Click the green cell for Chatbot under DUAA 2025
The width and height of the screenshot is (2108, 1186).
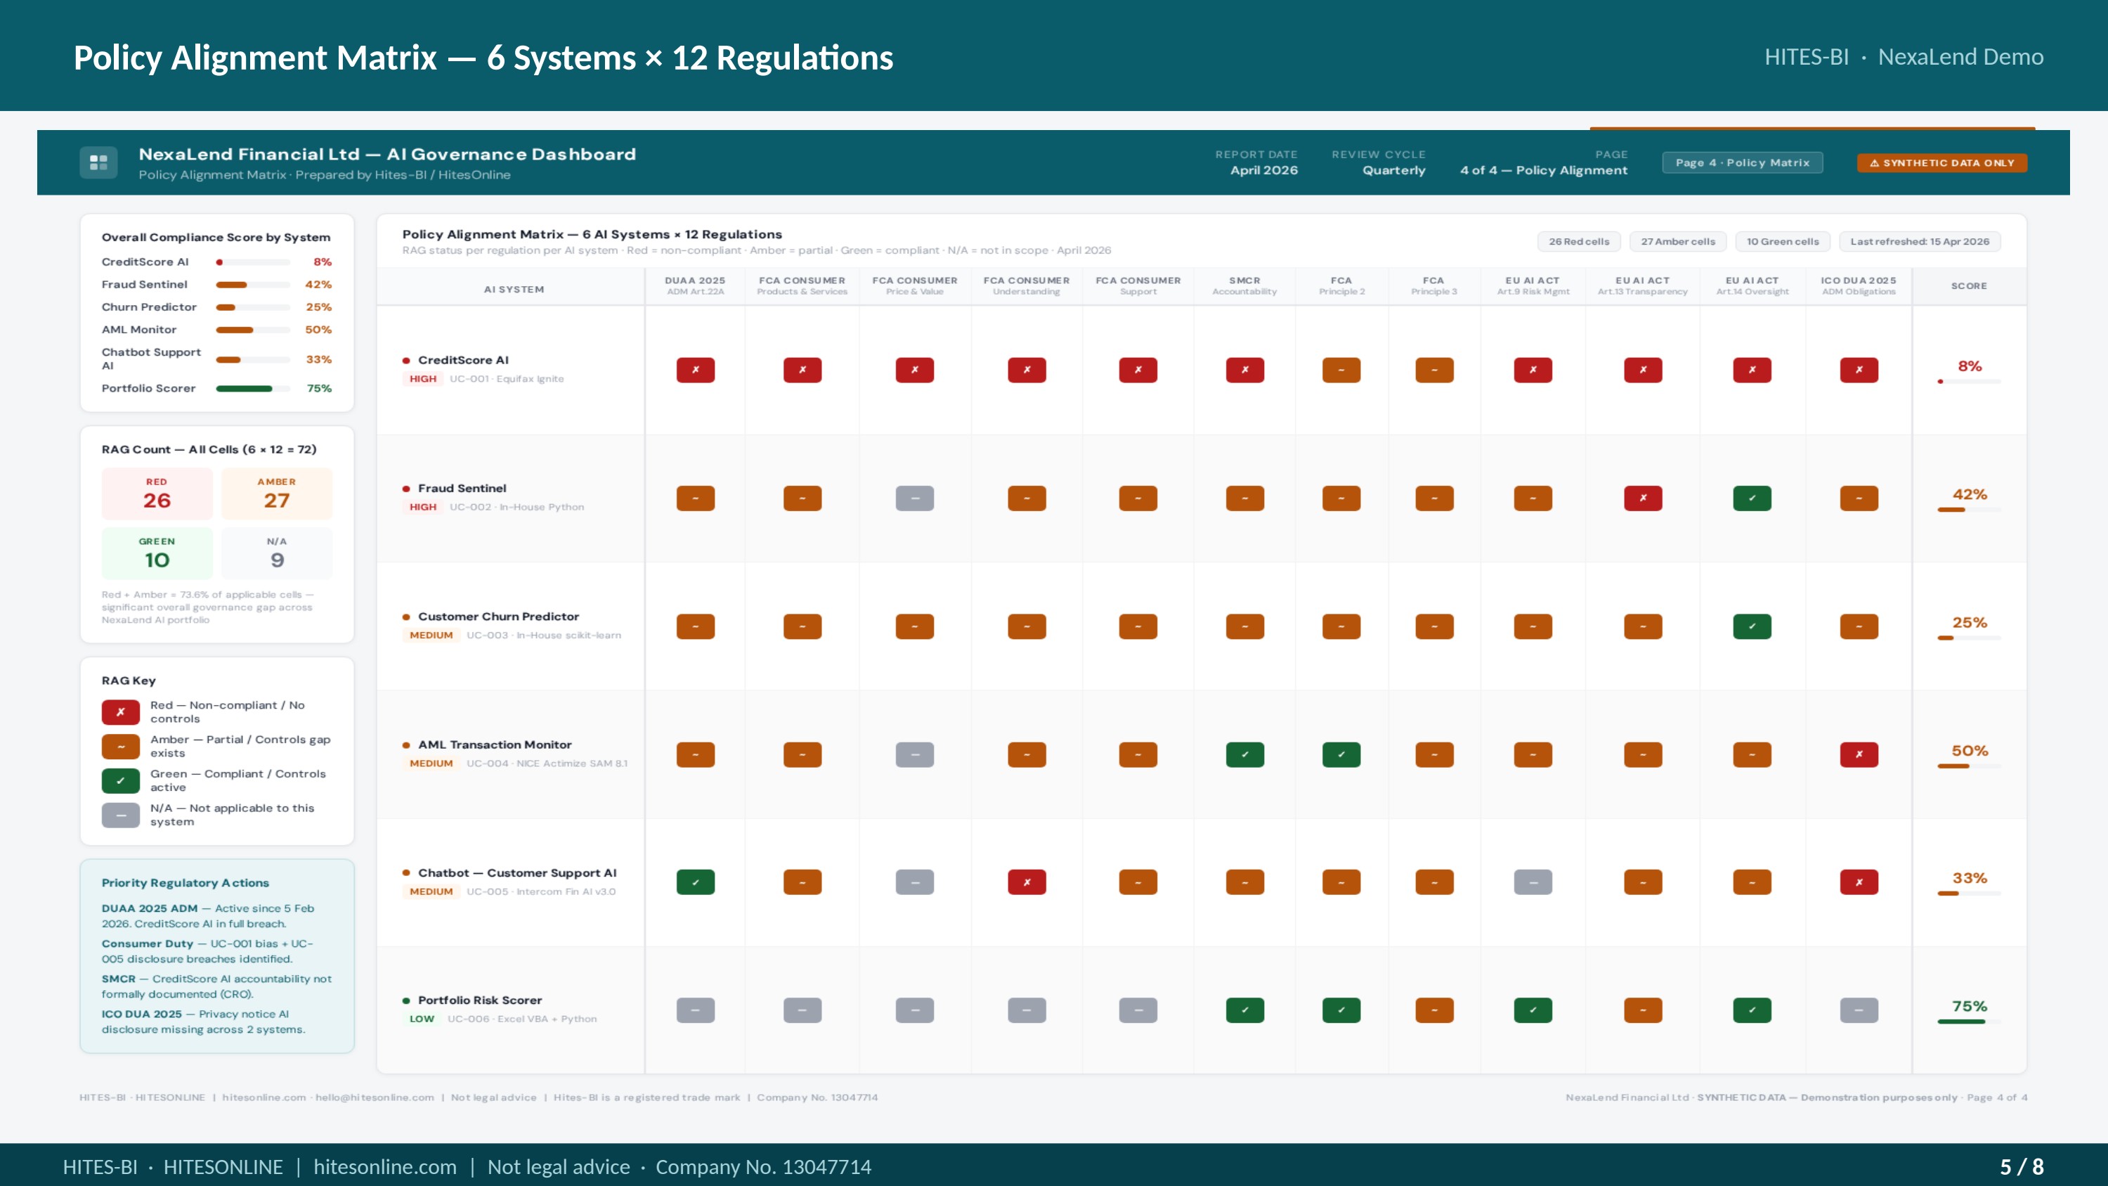coord(696,882)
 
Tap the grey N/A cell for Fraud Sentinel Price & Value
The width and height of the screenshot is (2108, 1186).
coord(915,498)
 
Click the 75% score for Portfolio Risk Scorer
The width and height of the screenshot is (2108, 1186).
coord(1970,1006)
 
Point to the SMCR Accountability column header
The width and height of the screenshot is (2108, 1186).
coord(1244,285)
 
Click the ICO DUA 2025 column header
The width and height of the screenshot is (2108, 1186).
coord(1859,285)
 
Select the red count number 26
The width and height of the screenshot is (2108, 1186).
coord(157,501)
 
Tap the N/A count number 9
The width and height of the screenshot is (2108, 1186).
coord(278,561)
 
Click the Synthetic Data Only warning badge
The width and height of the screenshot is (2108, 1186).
coord(1942,163)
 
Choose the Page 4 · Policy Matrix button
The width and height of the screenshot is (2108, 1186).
coord(1742,163)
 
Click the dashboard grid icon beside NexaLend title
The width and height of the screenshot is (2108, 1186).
coord(98,162)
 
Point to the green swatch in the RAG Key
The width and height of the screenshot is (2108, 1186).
coord(120,781)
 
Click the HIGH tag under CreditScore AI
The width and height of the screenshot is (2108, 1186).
coord(423,379)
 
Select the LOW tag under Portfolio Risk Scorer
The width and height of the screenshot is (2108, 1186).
coord(422,1019)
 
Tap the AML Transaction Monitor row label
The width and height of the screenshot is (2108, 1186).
coord(495,745)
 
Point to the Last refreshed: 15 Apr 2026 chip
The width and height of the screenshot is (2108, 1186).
coord(1920,241)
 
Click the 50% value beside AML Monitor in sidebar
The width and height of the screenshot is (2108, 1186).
coord(318,330)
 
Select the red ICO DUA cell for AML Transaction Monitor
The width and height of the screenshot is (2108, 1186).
coord(1859,754)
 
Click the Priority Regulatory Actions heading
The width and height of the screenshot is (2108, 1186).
coord(185,883)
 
